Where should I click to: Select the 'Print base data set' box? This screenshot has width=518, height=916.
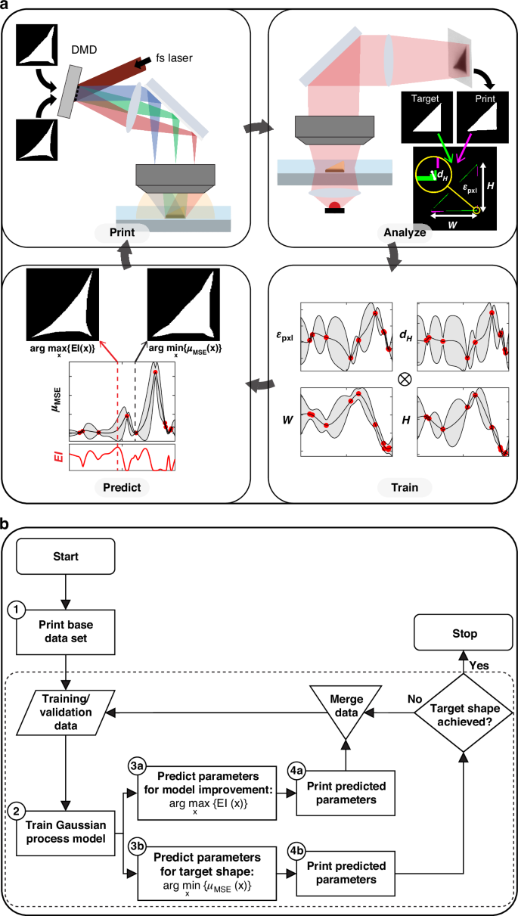(67, 627)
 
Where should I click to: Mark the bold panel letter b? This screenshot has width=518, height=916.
(7, 522)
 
